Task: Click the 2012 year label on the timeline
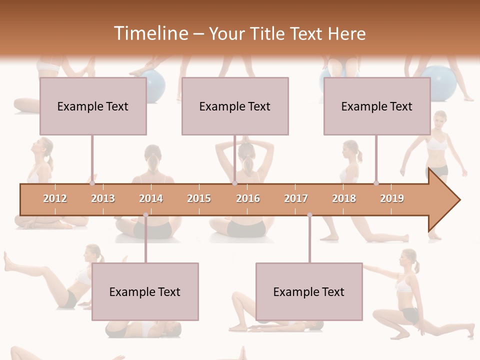coord(55,198)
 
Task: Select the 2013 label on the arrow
coord(103,198)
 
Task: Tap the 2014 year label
coord(151,198)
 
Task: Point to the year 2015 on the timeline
coord(199,198)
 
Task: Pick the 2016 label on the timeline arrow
coord(248,198)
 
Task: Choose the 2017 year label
coord(296,198)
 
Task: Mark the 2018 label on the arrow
coord(344,198)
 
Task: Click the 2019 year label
coord(392,198)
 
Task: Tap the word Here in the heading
coord(346,33)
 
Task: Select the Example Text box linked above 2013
coord(93,106)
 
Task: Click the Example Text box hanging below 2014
coord(145,291)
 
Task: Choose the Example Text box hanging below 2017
coord(309,291)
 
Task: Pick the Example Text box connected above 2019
coord(377,106)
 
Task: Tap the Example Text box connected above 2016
coord(235,106)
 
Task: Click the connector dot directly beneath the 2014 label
coord(145,215)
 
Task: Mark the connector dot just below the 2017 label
coord(309,215)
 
